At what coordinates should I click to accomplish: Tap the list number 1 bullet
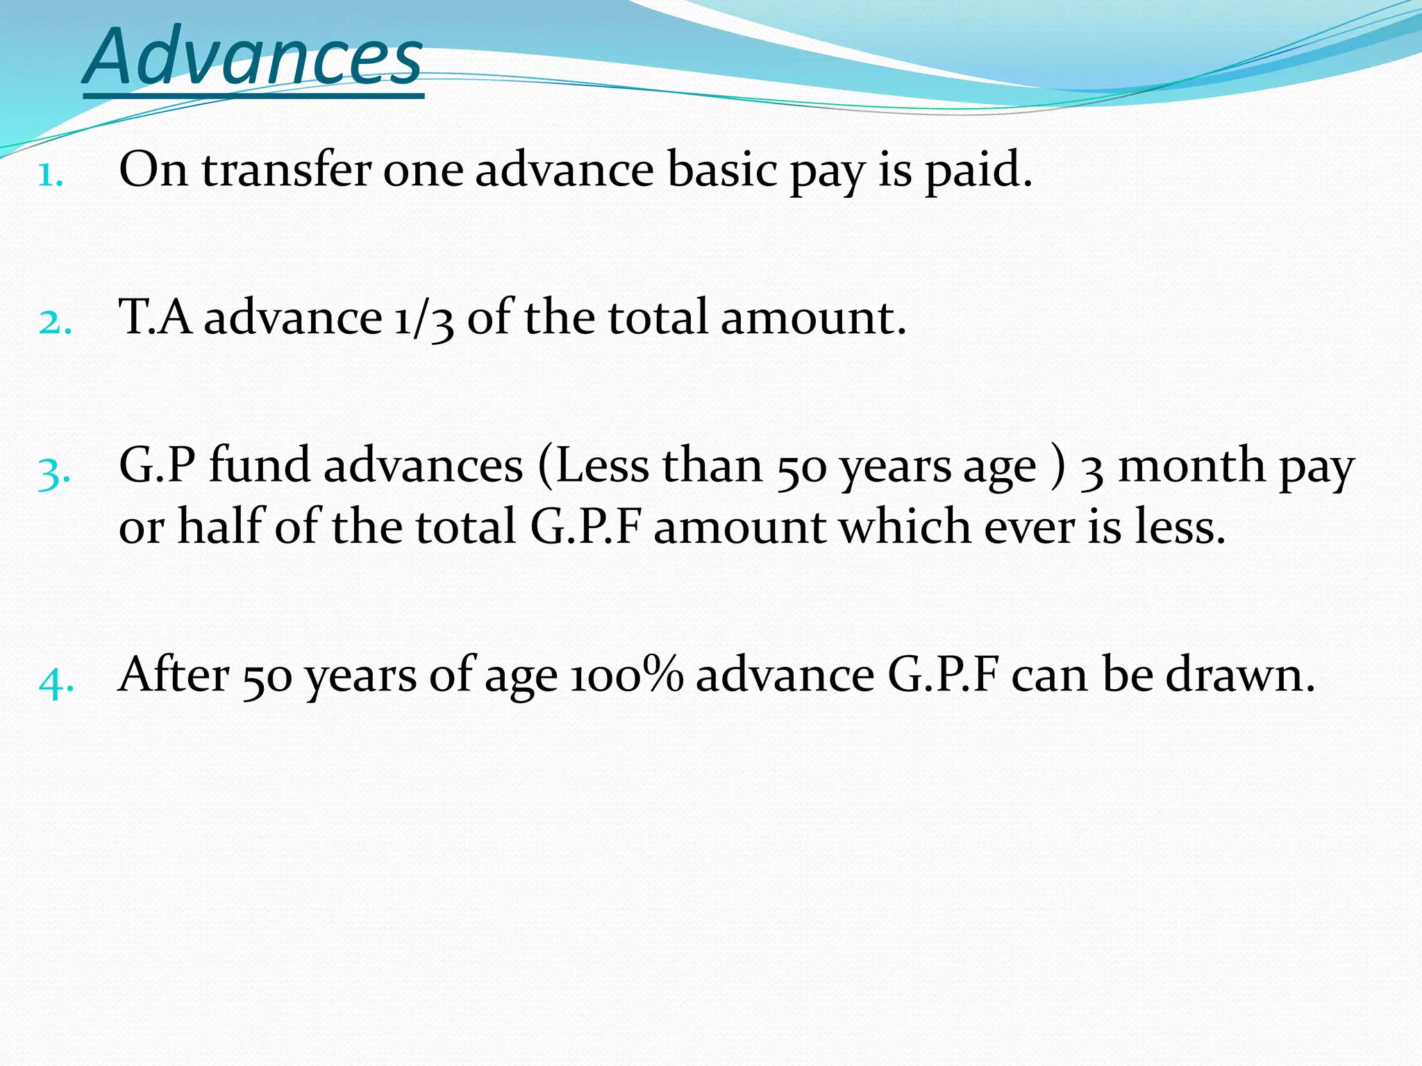51,176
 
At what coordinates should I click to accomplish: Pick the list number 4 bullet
56,682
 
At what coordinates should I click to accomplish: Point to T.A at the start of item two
156,317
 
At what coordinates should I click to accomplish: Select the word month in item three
1191,465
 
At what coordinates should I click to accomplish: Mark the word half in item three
221,526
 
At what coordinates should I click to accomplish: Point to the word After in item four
174,675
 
